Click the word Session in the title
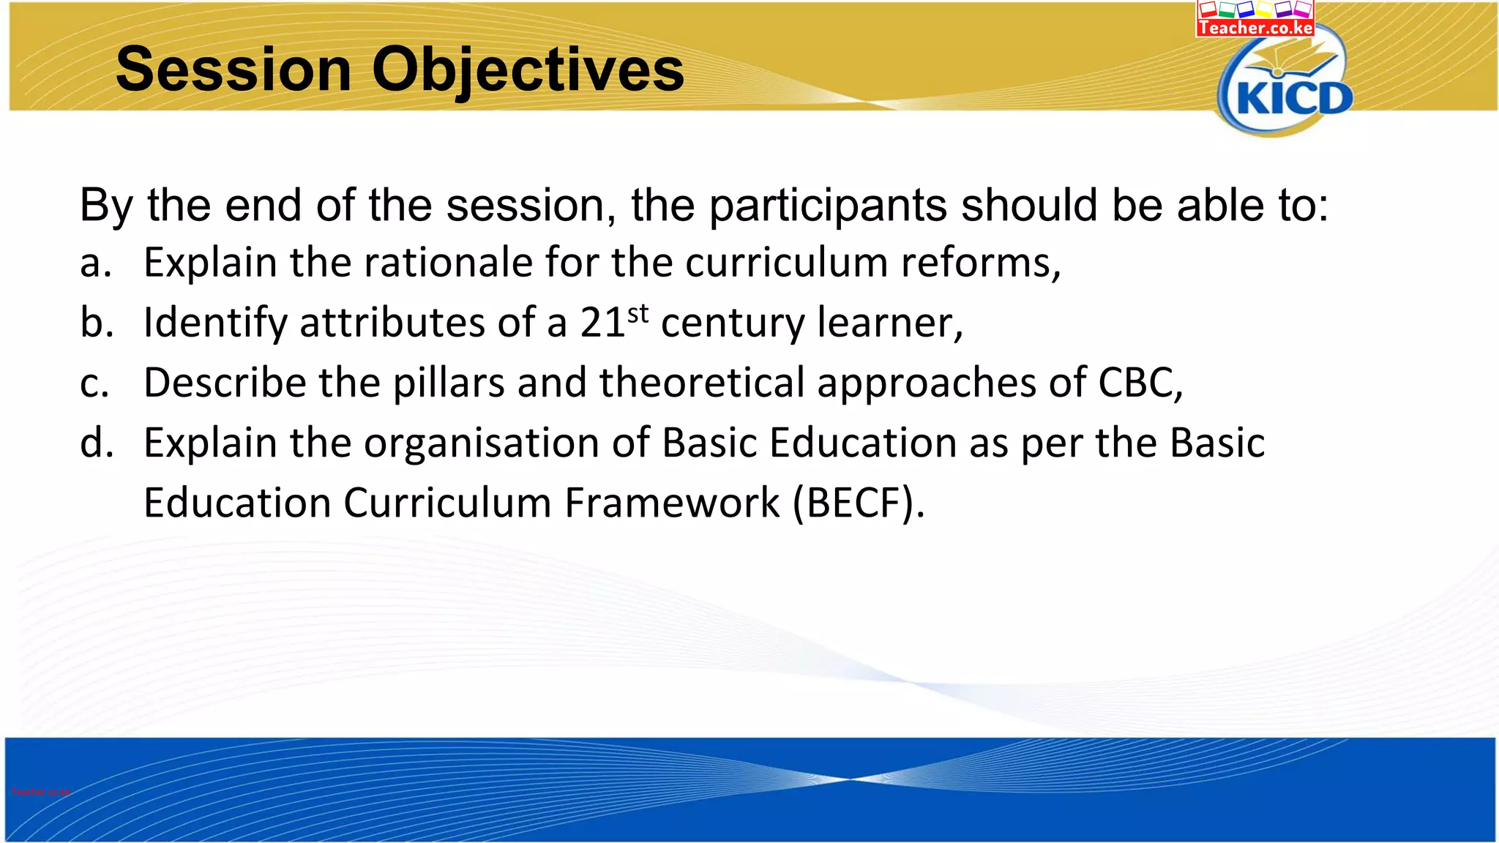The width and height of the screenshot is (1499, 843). coord(233,70)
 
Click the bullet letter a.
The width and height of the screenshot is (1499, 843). coord(94,263)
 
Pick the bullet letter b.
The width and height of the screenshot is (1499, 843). coord(96,322)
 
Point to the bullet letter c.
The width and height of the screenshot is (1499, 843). coord(94,383)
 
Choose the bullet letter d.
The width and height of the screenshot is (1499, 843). coord(96,443)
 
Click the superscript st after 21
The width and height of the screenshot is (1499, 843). coord(638,313)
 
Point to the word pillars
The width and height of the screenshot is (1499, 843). coord(449,383)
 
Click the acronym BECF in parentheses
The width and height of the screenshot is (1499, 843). coord(859,503)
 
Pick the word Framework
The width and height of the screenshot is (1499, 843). coord(672,503)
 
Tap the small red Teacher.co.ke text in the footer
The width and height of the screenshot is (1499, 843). coord(41,792)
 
